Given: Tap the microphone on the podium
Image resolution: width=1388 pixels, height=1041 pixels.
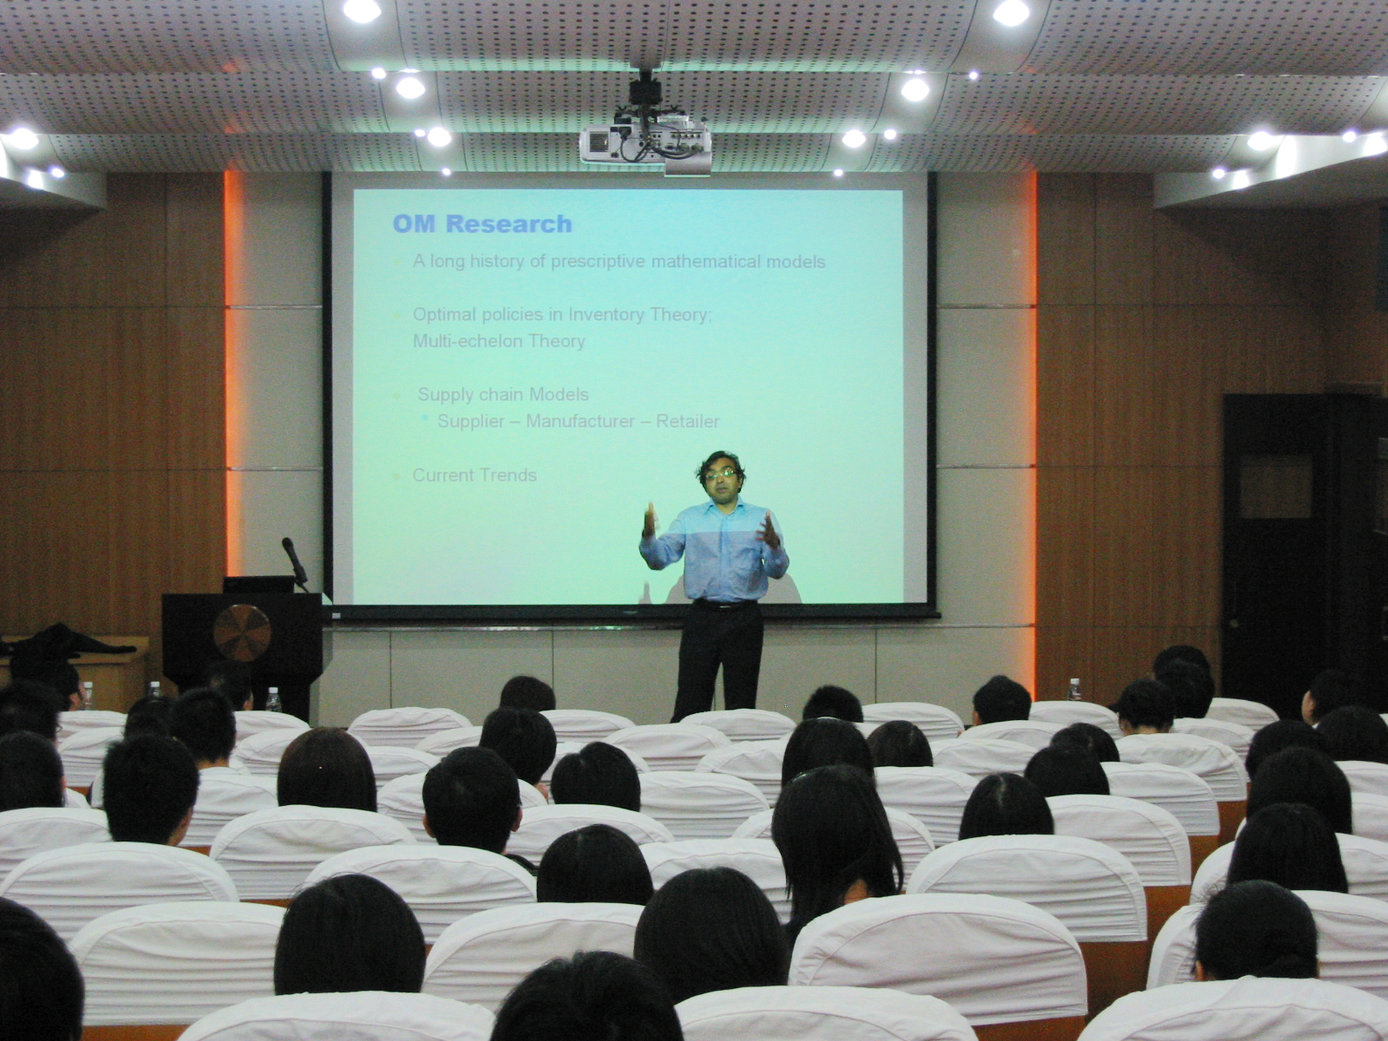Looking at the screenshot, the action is [x=294, y=560].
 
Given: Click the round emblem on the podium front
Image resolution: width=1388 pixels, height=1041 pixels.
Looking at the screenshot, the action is [x=241, y=632].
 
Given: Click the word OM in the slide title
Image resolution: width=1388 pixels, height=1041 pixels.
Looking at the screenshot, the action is [x=414, y=224].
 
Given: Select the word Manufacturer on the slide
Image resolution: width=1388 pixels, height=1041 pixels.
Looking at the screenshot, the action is [x=579, y=421].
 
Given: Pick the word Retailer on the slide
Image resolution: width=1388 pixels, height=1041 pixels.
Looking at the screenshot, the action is [x=687, y=421].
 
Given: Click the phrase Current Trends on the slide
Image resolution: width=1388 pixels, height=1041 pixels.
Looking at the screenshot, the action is [x=475, y=475].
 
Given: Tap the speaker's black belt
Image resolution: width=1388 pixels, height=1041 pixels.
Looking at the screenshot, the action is [x=724, y=605].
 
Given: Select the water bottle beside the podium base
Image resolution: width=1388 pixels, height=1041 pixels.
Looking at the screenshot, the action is [x=273, y=699].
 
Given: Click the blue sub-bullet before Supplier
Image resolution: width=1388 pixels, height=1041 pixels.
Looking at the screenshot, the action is [x=424, y=418].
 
